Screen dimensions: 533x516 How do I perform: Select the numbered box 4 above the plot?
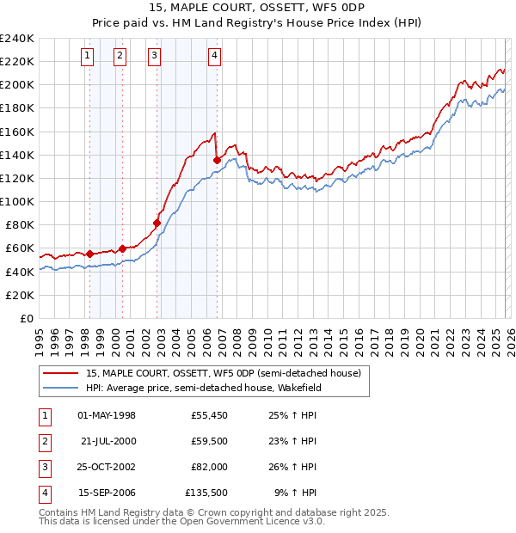(x=214, y=57)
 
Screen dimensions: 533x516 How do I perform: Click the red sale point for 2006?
(x=217, y=160)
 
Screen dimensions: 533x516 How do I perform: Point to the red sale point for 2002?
(x=157, y=223)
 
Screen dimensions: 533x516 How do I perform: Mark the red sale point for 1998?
(x=89, y=254)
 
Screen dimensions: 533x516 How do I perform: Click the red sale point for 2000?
(x=123, y=248)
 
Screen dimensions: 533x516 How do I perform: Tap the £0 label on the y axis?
(x=26, y=318)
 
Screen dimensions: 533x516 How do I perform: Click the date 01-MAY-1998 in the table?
(x=107, y=415)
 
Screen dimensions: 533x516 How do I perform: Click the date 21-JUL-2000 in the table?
(x=108, y=441)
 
